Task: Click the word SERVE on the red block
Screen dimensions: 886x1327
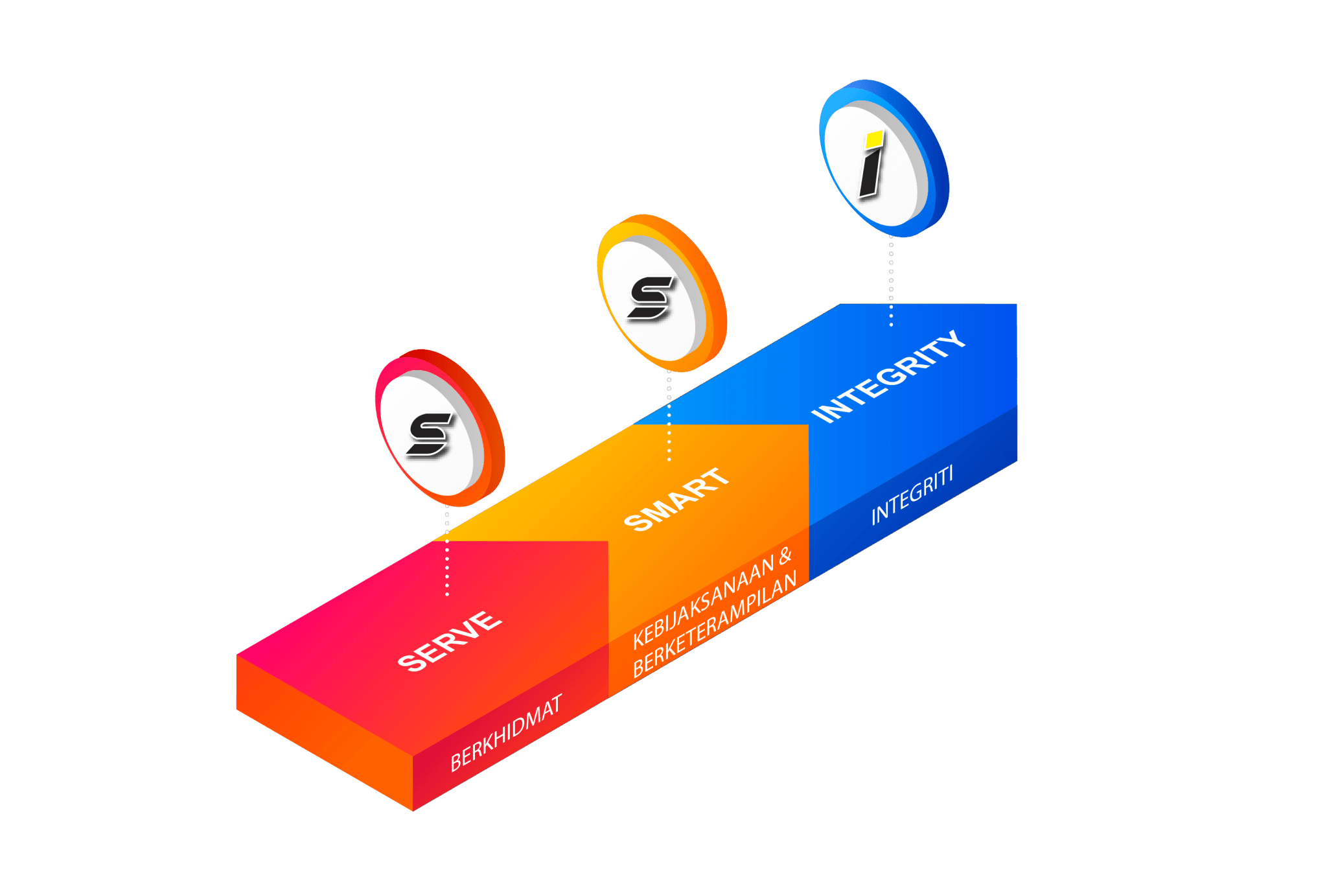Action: (449, 640)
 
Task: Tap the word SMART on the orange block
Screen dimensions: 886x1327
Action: (676, 499)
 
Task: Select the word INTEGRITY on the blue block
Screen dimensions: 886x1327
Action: (888, 376)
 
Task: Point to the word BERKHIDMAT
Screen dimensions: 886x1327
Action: (506, 733)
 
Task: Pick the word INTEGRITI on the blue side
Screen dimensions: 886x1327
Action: (912, 495)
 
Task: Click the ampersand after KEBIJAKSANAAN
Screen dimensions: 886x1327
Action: (785, 556)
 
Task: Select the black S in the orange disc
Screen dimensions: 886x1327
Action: (651, 298)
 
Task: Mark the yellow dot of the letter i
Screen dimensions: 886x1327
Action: (875, 138)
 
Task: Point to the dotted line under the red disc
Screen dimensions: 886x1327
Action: (447, 551)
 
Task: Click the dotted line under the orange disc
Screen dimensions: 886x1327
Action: (669, 415)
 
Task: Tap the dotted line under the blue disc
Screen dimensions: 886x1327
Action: (891, 279)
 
